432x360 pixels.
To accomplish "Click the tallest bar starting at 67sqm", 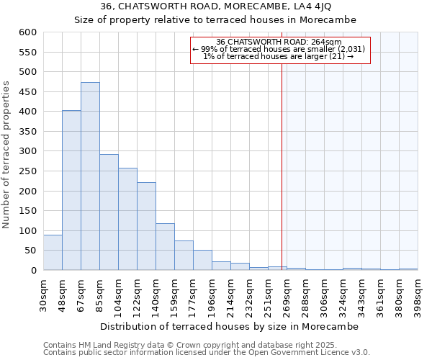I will [x=90, y=176].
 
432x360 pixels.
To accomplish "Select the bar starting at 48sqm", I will [x=71, y=191].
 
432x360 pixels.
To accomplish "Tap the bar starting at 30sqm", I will [x=53, y=253].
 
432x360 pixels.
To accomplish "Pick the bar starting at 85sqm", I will [x=109, y=212].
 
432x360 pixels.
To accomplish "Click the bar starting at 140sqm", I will [x=165, y=247].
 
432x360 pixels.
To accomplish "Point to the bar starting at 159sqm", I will [x=184, y=256].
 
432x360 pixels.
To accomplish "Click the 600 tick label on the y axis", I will [x=27, y=32].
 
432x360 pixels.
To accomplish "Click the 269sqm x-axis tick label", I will [x=287, y=294].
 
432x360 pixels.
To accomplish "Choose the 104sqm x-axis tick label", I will [x=118, y=294].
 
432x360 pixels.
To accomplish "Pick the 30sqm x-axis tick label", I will [x=43, y=294].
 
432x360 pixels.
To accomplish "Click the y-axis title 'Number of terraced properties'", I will [x=7, y=155].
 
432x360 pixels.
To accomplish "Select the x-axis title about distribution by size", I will [x=230, y=326].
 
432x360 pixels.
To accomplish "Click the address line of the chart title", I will [x=215, y=6].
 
